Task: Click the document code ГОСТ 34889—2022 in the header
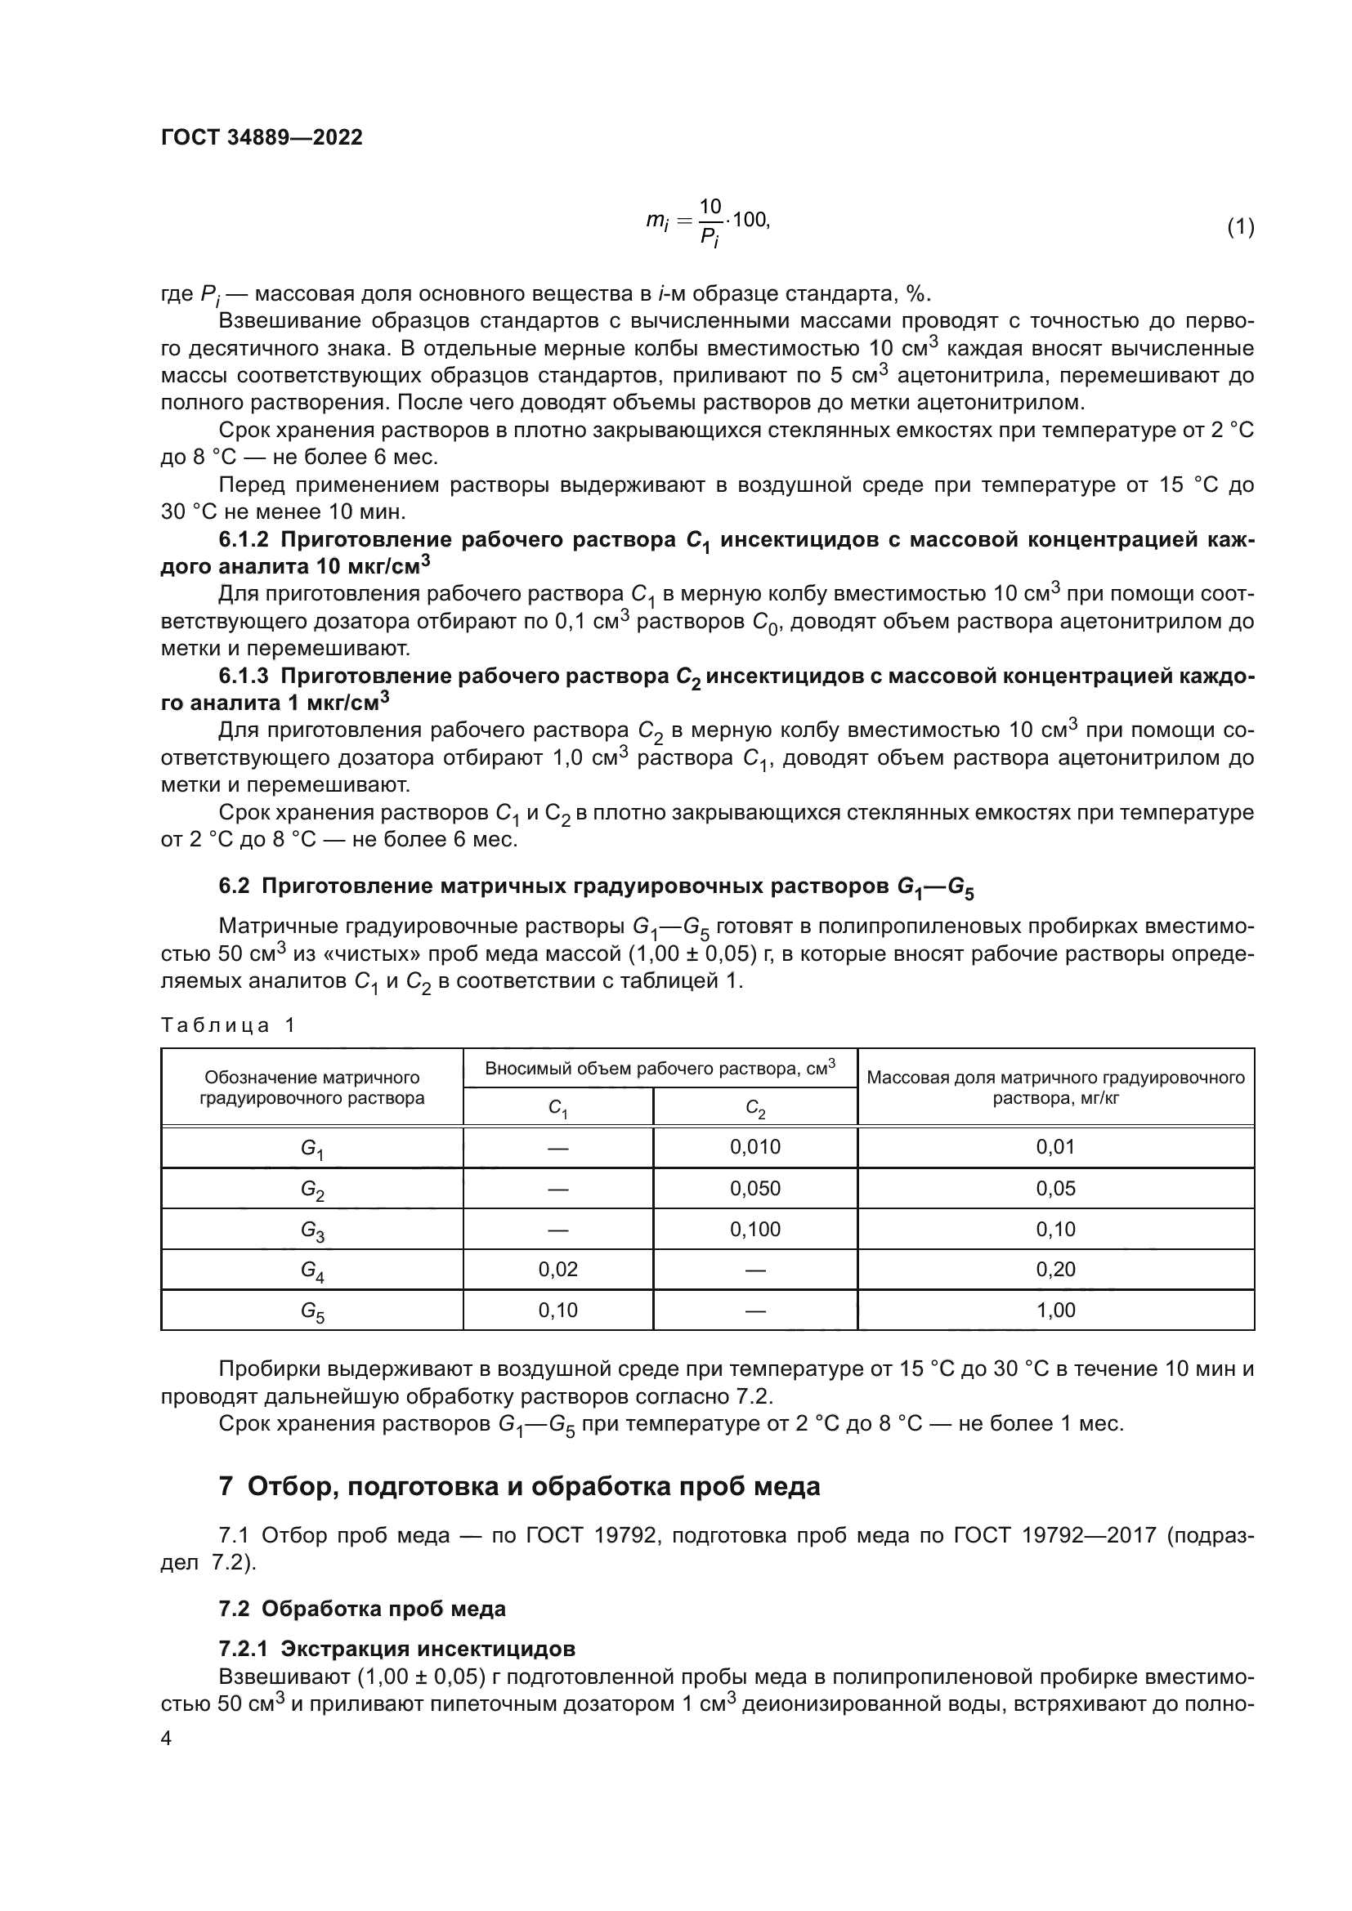tap(262, 137)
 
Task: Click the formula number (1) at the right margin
tap(1240, 226)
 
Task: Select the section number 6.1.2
tap(243, 540)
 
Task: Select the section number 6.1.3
tap(243, 676)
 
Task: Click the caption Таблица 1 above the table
tap(228, 1025)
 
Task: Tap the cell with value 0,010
tap(755, 1147)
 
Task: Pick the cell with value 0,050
tap(755, 1188)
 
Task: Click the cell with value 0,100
tap(755, 1229)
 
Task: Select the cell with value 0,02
tap(557, 1270)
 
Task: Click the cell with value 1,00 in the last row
tap(1055, 1310)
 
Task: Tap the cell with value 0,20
tap(1055, 1270)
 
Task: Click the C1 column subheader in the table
tap(557, 1109)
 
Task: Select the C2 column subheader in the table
tap(755, 1109)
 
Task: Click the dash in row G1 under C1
tap(557, 1148)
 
